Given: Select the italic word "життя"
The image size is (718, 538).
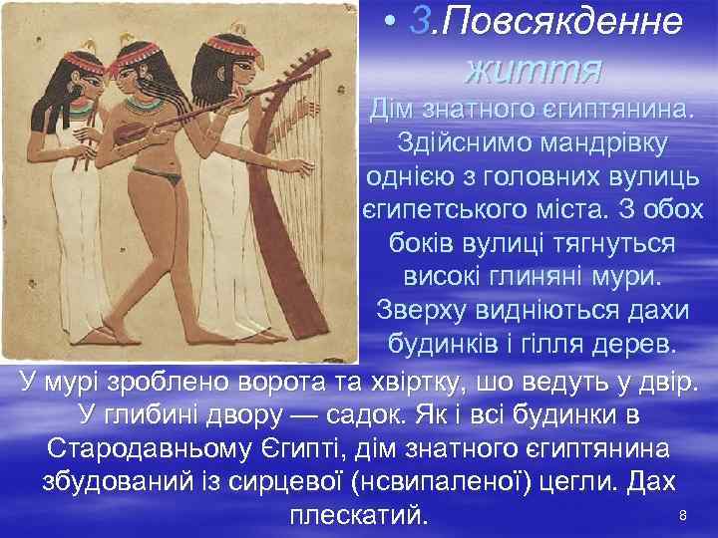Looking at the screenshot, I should [x=534, y=69].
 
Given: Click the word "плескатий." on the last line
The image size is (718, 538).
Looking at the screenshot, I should [x=357, y=516].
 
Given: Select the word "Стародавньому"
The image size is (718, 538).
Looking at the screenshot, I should [x=150, y=447].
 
